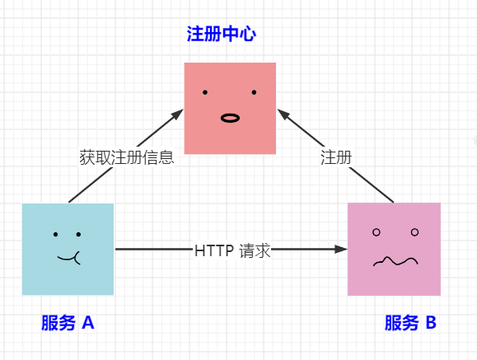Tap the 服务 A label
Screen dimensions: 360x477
pos(68,323)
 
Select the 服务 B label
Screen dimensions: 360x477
pos(410,323)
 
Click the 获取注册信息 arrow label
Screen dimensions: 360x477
pos(126,157)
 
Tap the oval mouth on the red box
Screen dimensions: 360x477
pos(230,118)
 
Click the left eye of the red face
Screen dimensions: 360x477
pos(205,92)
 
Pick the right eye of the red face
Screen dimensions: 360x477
pos(254,92)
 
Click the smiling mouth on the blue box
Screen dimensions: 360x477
pos(68,259)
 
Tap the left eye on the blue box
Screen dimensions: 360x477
pos(55,234)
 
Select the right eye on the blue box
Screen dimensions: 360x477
pos(79,234)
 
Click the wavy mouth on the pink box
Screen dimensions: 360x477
pos(393,262)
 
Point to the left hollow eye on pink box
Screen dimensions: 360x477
pos(376,232)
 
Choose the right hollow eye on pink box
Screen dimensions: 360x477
pos(414,232)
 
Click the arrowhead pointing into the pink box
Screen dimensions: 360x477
pos(341,248)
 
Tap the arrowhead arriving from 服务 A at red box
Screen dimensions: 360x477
pos(178,114)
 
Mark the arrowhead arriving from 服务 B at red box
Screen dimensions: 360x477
pos(282,112)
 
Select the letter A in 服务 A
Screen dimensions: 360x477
pos(87,323)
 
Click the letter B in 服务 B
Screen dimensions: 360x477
pos(430,323)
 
